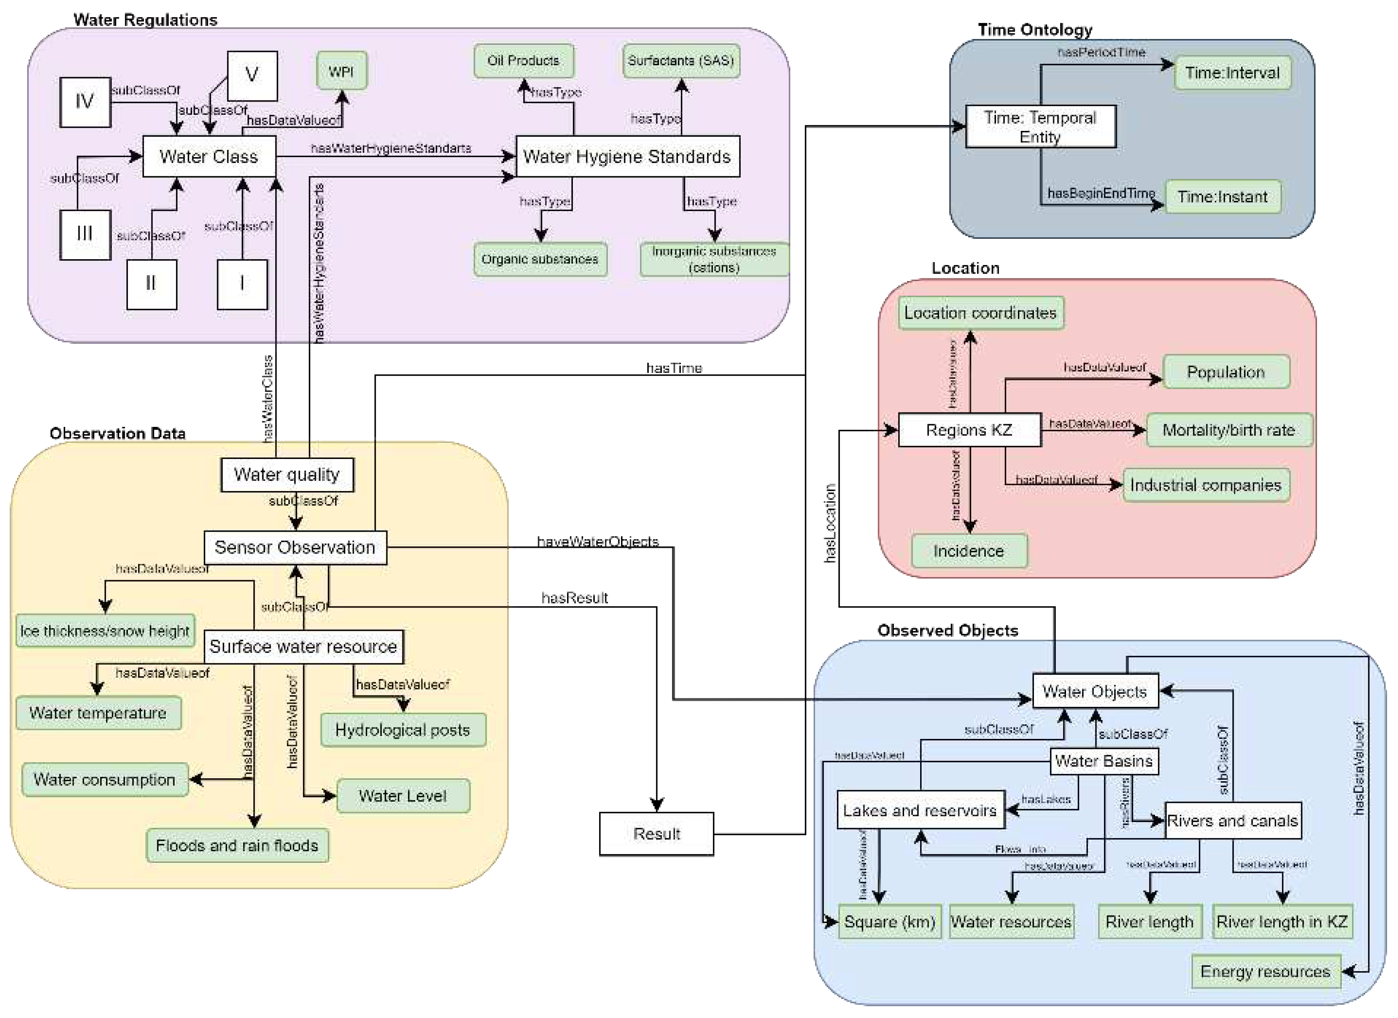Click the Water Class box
click(x=209, y=156)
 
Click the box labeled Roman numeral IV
click(x=85, y=102)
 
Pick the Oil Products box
click(x=523, y=60)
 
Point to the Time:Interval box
click(x=1232, y=73)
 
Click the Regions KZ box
click(x=969, y=430)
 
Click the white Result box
click(x=657, y=834)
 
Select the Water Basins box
click(x=1104, y=761)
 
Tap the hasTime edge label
click(x=674, y=368)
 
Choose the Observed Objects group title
click(x=948, y=631)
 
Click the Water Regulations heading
click(x=145, y=20)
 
